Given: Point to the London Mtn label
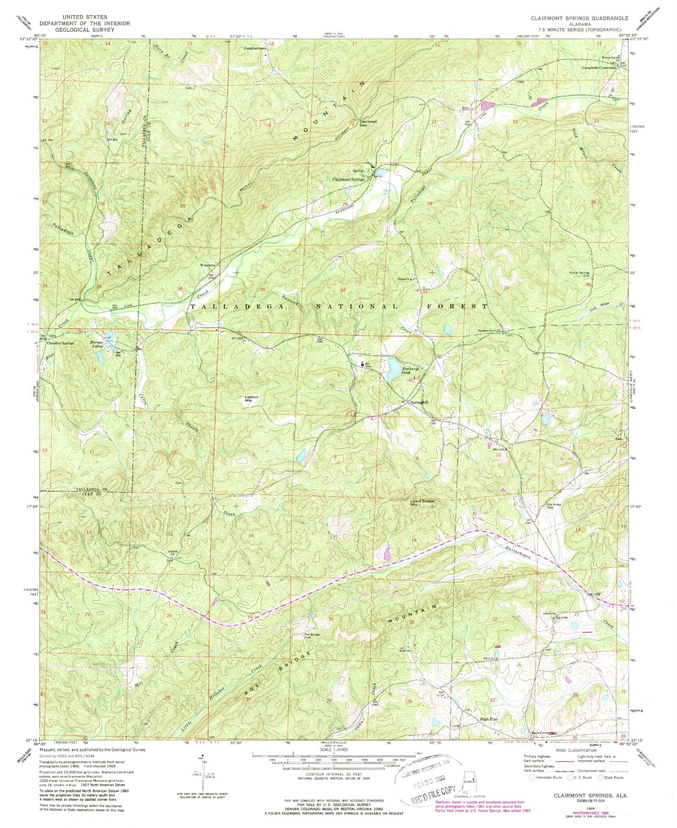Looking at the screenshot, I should pos(252,399).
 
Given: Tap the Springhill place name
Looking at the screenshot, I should pos(419,402).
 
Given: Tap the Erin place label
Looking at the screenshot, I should pos(465,108).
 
